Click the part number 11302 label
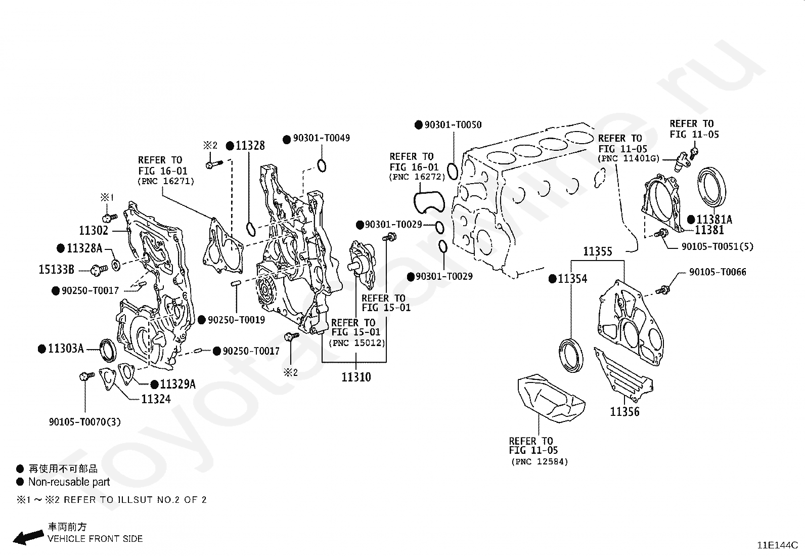pyautogui.click(x=94, y=230)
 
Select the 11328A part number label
pyautogui.click(x=85, y=248)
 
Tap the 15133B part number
pyautogui.click(x=57, y=269)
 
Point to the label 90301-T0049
pyautogui.click(x=321, y=138)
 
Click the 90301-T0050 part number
pyautogui.click(x=453, y=125)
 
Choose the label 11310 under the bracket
pyautogui.click(x=356, y=377)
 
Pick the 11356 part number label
pyautogui.click(x=624, y=411)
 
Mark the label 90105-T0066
pyautogui.click(x=718, y=272)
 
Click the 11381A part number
pyautogui.click(x=714, y=219)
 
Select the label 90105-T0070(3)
pyautogui.click(x=85, y=421)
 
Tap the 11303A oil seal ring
pyautogui.click(x=108, y=350)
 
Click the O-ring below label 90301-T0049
pyautogui.click(x=322, y=166)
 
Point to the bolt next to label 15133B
pyautogui.click(x=99, y=270)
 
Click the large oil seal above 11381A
pyautogui.click(x=711, y=187)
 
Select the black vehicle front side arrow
pyautogui.click(x=28, y=538)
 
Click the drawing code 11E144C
pyautogui.click(x=778, y=545)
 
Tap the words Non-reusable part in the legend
pyautogui.click(x=69, y=482)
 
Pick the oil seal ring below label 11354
pyautogui.click(x=571, y=355)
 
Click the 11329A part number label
pyautogui.click(x=178, y=384)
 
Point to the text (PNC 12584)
pyautogui.click(x=540, y=461)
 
